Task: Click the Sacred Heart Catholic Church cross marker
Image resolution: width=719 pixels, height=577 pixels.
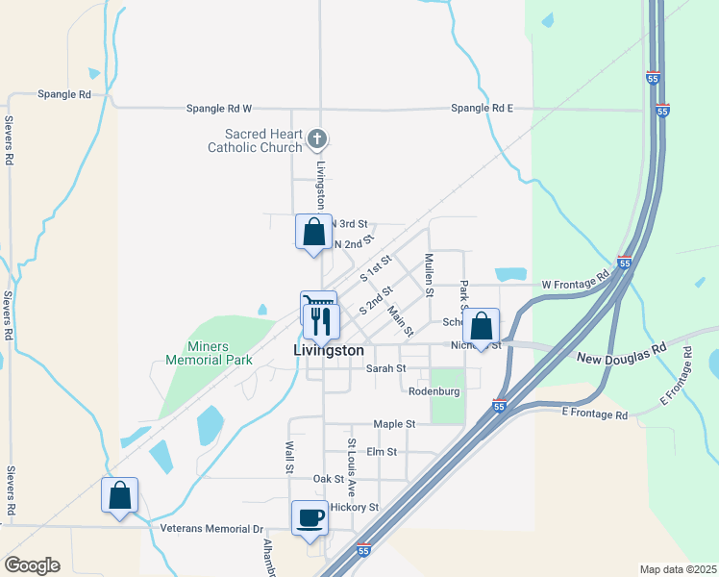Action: point(316,140)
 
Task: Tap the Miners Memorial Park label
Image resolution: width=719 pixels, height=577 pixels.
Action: point(209,353)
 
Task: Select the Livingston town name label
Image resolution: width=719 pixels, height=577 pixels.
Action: point(329,352)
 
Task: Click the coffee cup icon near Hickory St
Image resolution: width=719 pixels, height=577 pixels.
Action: point(310,517)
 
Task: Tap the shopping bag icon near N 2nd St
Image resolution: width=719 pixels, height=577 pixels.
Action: point(313,232)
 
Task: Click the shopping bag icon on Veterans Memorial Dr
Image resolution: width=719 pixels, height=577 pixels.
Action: point(119,495)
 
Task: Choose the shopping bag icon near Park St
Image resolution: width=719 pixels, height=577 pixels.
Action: point(481,326)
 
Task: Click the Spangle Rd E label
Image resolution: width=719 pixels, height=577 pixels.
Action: point(482,109)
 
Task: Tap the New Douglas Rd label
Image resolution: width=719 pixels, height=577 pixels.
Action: point(621,358)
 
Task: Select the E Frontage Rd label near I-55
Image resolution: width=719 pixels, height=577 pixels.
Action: point(594,414)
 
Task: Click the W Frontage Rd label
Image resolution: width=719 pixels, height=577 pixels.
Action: point(576,285)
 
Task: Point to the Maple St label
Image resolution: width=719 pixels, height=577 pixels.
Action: point(394,423)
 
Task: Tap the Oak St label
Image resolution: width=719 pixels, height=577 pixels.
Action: point(328,479)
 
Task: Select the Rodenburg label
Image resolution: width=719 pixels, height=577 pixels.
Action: point(434,391)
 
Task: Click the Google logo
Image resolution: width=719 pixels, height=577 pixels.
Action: point(32,565)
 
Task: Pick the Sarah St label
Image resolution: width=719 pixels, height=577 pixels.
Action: point(386,368)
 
